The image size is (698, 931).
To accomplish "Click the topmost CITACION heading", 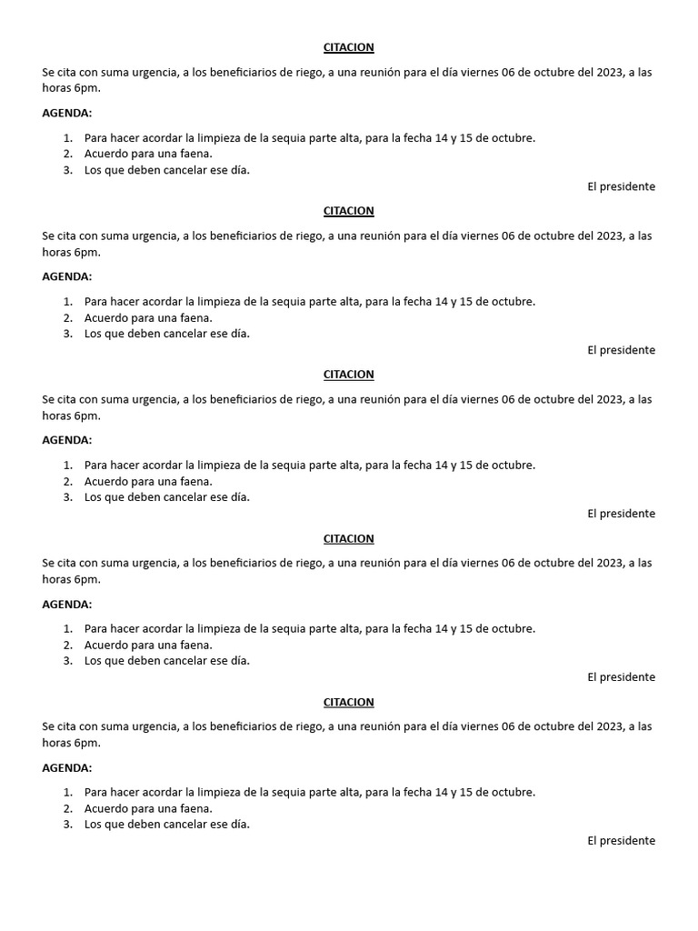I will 348,47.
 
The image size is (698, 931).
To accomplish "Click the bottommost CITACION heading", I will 348,702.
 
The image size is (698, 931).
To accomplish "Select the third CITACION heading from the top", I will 348,375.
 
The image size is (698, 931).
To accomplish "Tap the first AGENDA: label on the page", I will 66,113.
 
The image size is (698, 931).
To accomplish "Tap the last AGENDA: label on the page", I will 66,767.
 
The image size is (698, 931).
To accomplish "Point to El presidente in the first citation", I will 621,186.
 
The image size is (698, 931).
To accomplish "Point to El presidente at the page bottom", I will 621,841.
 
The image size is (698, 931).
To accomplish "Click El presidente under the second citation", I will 621,350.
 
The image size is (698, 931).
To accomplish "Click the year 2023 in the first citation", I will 609,72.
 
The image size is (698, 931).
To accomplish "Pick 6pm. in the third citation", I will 86,415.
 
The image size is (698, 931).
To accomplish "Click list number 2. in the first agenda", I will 68,154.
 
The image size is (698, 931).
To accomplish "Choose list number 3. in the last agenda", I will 68,825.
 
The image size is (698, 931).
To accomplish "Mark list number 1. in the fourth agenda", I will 68,628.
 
